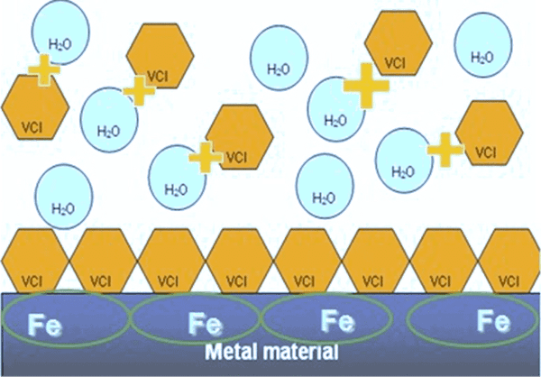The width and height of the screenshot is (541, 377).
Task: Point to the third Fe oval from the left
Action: [329, 318]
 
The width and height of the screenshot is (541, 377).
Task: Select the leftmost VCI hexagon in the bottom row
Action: [33, 263]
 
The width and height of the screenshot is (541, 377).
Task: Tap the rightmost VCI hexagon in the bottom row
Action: [509, 263]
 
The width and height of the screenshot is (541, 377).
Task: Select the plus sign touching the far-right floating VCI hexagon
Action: [445, 150]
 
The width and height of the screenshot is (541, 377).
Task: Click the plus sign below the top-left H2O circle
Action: [41, 69]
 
